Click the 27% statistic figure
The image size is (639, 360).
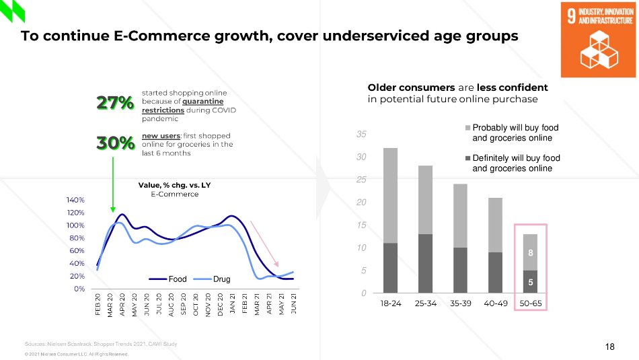[115, 103]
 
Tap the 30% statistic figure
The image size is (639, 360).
[115, 143]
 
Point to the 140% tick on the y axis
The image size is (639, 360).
[75, 200]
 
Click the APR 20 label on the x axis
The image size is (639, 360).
[122, 305]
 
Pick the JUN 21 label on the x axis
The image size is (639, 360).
[294, 305]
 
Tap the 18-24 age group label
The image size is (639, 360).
[391, 303]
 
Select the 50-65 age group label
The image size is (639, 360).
[530, 303]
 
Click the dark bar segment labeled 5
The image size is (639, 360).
[530, 281]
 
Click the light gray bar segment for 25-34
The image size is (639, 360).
[426, 200]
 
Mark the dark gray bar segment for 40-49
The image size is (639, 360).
[496, 273]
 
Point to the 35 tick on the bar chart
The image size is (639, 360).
[361, 135]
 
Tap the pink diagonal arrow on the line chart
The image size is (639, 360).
[264, 243]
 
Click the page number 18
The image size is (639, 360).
[609, 347]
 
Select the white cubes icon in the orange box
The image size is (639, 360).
[597, 51]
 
